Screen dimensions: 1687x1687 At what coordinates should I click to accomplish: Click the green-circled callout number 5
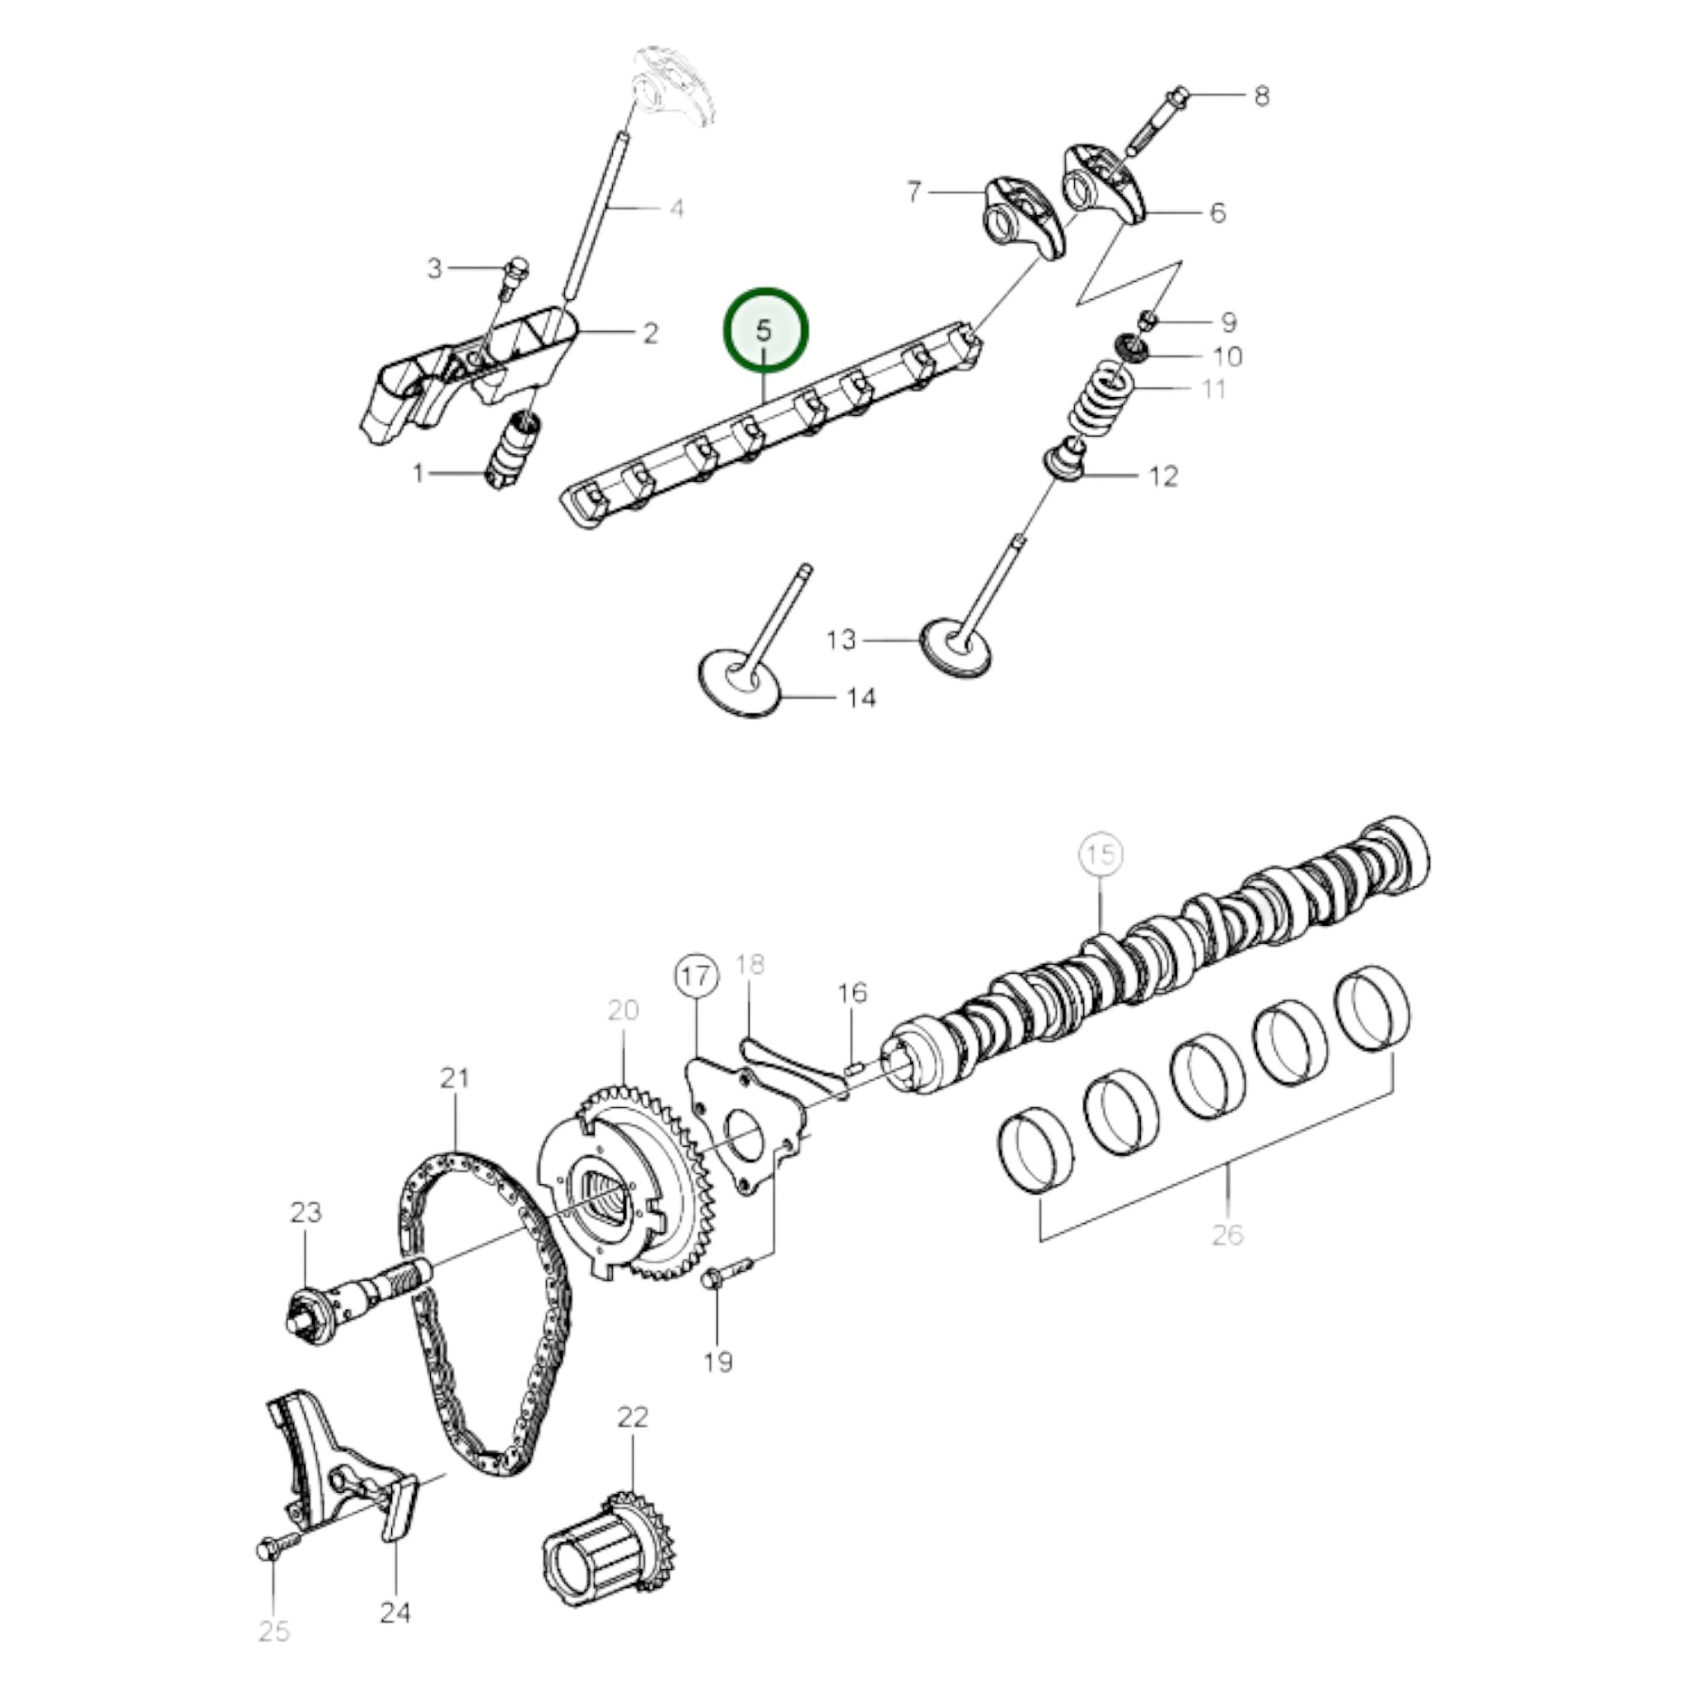[765, 331]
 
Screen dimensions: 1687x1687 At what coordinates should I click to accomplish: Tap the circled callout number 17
[696, 977]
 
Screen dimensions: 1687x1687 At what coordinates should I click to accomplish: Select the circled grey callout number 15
[1101, 853]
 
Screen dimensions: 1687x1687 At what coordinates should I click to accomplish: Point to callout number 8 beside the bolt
[1260, 96]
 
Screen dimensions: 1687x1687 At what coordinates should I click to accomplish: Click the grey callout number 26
[1227, 1234]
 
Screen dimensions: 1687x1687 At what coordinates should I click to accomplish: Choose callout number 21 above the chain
[454, 1078]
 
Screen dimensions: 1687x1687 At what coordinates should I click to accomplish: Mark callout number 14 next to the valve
[860, 698]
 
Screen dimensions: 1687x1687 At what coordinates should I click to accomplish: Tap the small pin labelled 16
[854, 1065]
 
